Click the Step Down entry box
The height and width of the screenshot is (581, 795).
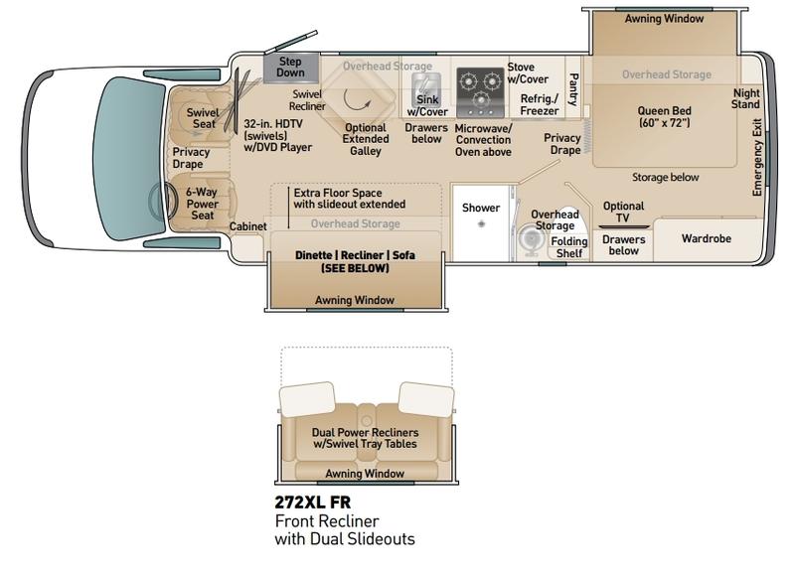(291, 68)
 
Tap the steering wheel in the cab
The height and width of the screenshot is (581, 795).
(162, 201)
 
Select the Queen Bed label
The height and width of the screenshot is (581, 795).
(664, 116)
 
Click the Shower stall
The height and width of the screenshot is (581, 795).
(481, 222)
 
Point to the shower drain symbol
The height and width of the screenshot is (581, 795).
(481, 223)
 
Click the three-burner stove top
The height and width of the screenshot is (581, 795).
(480, 92)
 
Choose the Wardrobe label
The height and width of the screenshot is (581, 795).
(707, 238)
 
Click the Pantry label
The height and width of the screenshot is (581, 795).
(573, 89)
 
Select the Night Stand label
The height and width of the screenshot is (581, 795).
(746, 98)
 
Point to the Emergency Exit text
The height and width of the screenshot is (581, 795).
(757, 157)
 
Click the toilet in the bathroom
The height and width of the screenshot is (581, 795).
(531, 238)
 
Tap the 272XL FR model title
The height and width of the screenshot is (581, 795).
(312, 502)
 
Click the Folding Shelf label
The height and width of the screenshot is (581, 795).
(569, 247)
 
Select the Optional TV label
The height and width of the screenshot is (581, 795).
(623, 212)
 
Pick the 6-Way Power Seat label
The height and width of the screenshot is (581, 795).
(202, 204)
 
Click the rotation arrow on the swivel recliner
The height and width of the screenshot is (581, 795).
(357, 99)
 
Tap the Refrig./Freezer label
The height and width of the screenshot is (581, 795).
(540, 104)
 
